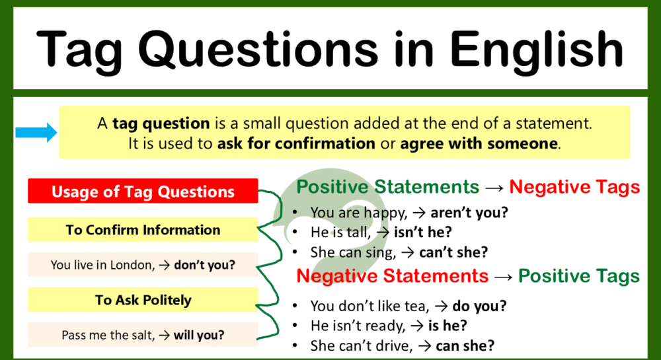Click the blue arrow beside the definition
[36, 133]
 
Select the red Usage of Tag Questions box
[143, 192]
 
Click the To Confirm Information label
[143, 230]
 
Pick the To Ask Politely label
[143, 300]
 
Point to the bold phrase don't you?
[205, 266]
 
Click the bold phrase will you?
[199, 335]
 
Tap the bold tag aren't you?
[469, 213]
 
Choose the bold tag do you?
[481, 306]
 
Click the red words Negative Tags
[574, 187]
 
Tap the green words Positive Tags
[578, 275]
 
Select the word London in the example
[133, 266]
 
